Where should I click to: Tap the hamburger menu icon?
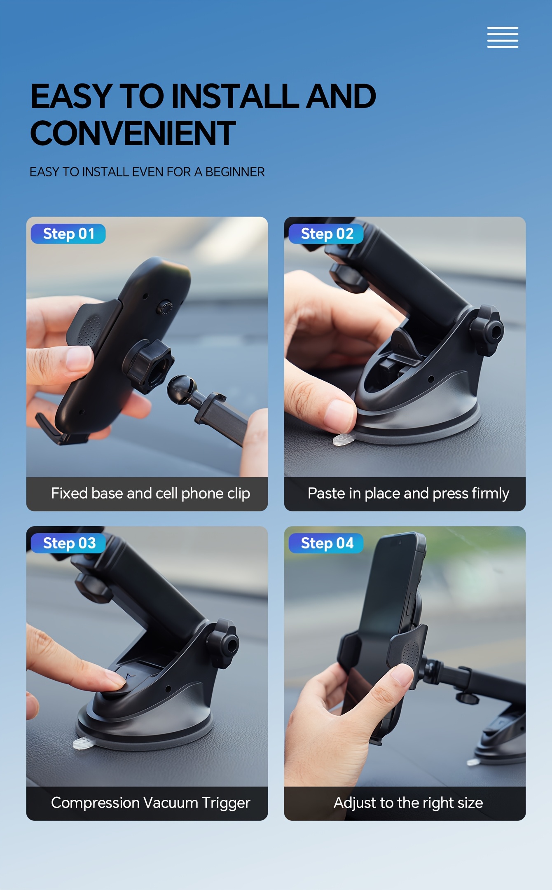(503, 37)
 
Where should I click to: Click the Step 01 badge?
(68, 234)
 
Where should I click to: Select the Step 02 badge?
(326, 234)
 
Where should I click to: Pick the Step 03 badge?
(68, 543)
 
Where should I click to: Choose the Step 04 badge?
(326, 543)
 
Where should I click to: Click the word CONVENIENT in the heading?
(133, 133)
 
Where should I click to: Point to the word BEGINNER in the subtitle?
(235, 172)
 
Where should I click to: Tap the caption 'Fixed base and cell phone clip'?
(150, 494)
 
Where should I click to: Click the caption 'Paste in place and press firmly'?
(408, 494)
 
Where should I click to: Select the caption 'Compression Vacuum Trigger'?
(150, 803)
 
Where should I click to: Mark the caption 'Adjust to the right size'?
(408, 803)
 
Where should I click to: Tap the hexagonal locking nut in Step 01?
(148, 366)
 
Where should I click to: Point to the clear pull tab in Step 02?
(342, 440)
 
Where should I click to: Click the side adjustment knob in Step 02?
(487, 330)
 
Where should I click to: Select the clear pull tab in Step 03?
(82, 743)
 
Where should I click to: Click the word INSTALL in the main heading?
(234, 96)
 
